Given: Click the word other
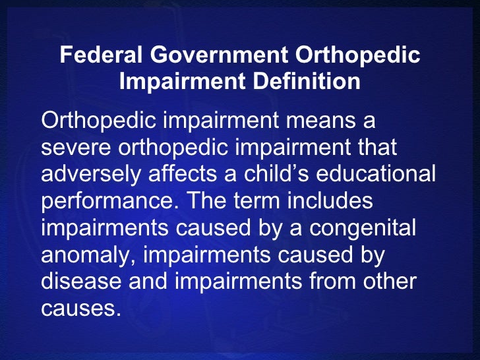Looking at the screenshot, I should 390,282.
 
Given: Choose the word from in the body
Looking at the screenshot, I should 330,282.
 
